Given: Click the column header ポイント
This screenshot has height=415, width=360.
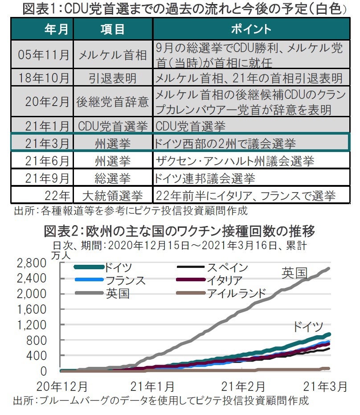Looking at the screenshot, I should pyautogui.click(x=251, y=29).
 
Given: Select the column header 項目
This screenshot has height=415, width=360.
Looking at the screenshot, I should pyautogui.click(x=112, y=29).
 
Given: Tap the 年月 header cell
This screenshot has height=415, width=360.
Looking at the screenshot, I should pyautogui.click(x=57, y=29).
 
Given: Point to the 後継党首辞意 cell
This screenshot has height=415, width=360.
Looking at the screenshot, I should pyautogui.click(x=112, y=102).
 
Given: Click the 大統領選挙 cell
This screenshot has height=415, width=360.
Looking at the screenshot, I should pyautogui.click(x=112, y=195).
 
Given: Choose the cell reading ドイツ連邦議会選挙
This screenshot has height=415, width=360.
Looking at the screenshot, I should pyautogui.click(x=205, y=178).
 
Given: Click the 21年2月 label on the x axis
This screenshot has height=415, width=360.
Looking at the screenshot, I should pyautogui.click(x=243, y=386).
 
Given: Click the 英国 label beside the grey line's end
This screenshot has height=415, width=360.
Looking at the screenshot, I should pyautogui.click(x=294, y=272).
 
